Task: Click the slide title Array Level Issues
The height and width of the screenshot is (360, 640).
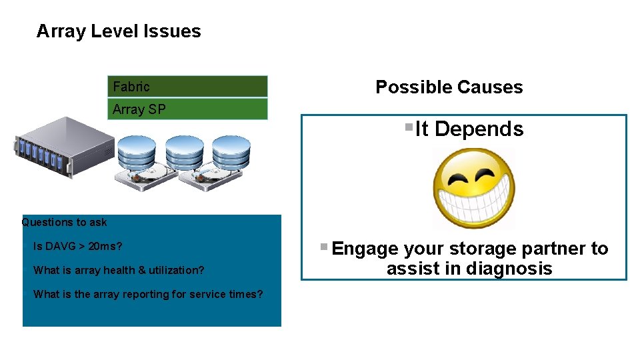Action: click(119, 31)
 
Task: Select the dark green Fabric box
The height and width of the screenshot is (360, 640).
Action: click(187, 86)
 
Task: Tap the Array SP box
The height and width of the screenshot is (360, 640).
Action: click(187, 109)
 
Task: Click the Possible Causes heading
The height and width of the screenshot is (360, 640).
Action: click(449, 87)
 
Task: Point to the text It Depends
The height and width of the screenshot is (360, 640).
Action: click(469, 129)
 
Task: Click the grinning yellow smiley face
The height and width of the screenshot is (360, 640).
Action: click(474, 189)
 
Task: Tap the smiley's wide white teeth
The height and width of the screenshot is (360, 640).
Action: click(473, 201)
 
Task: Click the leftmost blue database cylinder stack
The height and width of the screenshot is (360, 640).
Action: click(135, 155)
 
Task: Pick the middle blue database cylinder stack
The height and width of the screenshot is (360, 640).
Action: click(184, 155)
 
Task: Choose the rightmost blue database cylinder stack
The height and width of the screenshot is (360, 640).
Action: click(232, 155)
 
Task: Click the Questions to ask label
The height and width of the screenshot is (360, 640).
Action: click(64, 223)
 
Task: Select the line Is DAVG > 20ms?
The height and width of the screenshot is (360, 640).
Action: click(77, 247)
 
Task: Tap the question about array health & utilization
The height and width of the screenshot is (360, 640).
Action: click(119, 271)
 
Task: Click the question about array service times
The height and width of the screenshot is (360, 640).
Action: click(148, 295)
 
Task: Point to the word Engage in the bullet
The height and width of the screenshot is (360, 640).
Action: click(365, 249)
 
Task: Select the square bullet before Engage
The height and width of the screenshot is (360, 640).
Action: click(323, 247)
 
